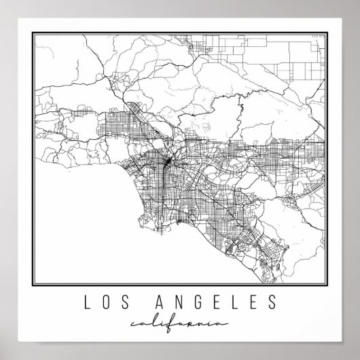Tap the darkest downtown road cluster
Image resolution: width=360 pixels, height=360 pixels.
tap(167, 163)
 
